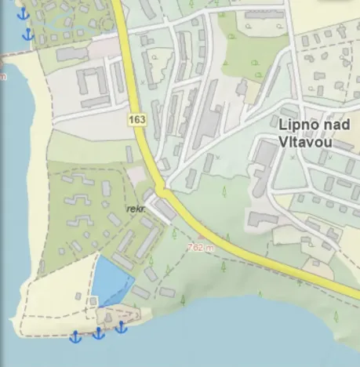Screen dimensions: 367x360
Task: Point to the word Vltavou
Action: coord(305,143)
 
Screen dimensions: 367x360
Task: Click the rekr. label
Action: coord(136,209)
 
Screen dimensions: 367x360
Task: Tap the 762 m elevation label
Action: coord(202,247)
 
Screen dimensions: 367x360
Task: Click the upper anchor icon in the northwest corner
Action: coord(23,13)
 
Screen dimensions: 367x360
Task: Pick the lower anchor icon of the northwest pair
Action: coord(28,34)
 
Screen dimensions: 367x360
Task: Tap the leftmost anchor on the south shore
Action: coord(75,336)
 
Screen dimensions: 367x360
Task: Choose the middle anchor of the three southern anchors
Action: coord(98,333)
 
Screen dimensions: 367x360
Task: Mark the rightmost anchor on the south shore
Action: coord(121,326)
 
